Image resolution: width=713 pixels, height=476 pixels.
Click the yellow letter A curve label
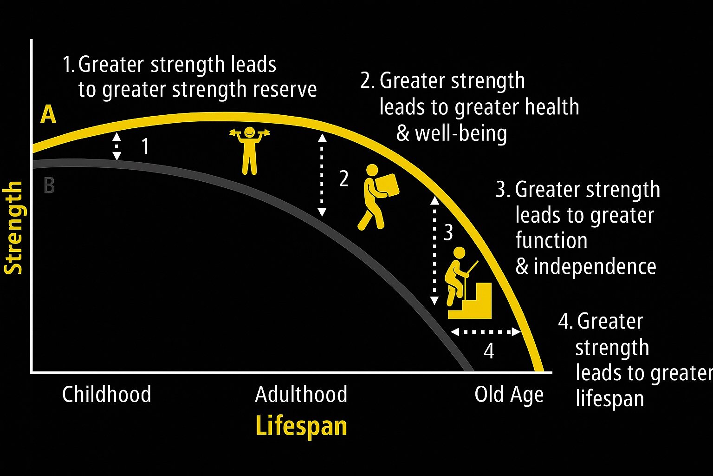pos(48,114)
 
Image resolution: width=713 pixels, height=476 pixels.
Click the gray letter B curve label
pos(49,185)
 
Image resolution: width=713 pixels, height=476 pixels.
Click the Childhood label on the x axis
pos(107,394)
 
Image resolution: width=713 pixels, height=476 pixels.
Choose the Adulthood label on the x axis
pos(301,394)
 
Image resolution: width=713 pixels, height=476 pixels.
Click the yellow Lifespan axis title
pos(301,426)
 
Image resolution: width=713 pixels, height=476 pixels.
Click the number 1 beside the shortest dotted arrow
pos(145,146)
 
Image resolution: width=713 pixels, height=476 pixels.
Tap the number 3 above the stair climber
pos(448,232)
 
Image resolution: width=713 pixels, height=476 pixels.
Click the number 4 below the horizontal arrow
pos(488,351)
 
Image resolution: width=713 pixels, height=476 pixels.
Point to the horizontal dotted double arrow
pos(486,332)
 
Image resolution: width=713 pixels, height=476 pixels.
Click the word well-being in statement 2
pos(460,134)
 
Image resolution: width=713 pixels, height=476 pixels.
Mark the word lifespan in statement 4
pos(609,398)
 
